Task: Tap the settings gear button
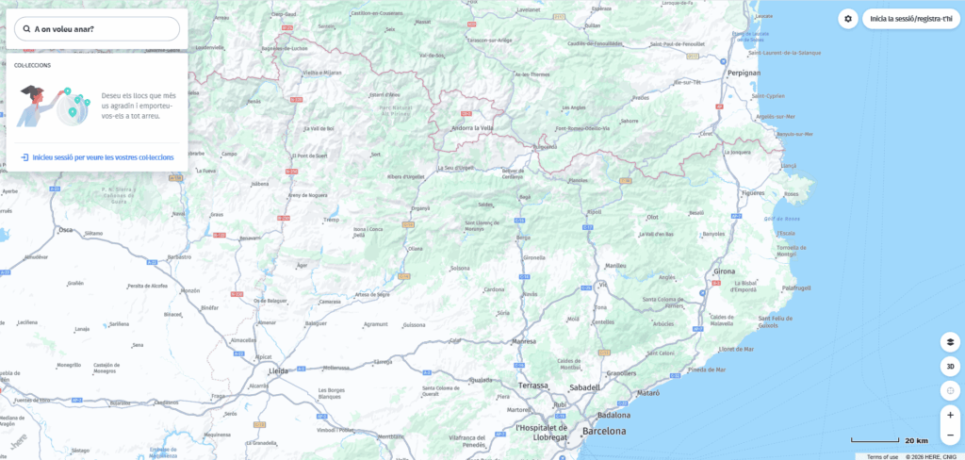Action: (848, 19)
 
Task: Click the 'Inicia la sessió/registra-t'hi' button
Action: (911, 19)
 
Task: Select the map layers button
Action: (950, 342)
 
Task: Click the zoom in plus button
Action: (950, 415)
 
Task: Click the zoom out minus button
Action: (950, 435)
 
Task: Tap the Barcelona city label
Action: (603, 431)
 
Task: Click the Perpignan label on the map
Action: (744, 73)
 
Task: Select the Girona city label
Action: (725, 271)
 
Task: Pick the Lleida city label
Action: (279, 372)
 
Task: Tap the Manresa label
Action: (524, 341)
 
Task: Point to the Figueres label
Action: (752, 192)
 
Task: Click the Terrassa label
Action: (533, 386)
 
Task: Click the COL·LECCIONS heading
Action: (32, 65)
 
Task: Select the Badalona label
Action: (613, 415)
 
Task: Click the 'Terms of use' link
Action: (882, 456)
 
